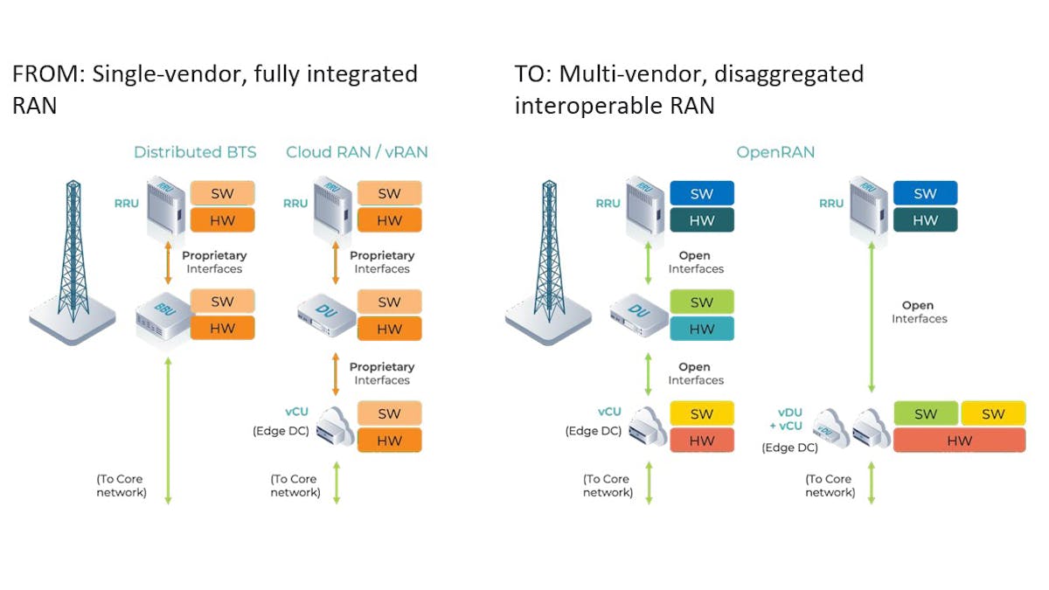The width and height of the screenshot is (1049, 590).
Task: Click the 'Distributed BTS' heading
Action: (x=195, y=152)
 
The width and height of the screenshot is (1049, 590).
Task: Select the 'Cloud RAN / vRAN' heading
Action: (x=357, y=152)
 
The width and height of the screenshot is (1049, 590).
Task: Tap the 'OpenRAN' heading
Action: (x=775, y=152)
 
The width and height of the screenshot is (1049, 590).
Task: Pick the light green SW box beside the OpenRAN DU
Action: (x=701, y=302)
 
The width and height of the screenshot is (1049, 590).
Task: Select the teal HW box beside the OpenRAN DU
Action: (x=701, y=330)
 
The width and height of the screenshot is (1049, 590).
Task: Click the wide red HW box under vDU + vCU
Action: (x=959, y=441)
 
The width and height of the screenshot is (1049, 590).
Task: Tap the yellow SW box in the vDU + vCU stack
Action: (x=993, y=414)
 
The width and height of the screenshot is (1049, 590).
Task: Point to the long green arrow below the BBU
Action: (x=169, y=428)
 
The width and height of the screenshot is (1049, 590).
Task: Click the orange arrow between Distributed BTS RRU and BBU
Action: (x=169, y=262)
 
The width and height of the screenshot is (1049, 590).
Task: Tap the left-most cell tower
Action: (x=73, y=262)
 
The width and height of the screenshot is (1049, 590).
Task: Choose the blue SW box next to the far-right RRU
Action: (x=925, y=193)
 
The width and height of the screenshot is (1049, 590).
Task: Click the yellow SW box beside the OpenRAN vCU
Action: (x=701, y=414)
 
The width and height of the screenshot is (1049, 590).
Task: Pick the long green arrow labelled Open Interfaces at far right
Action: (x=872, y=319)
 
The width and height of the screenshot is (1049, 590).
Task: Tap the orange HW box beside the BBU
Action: (x=222, y=329)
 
